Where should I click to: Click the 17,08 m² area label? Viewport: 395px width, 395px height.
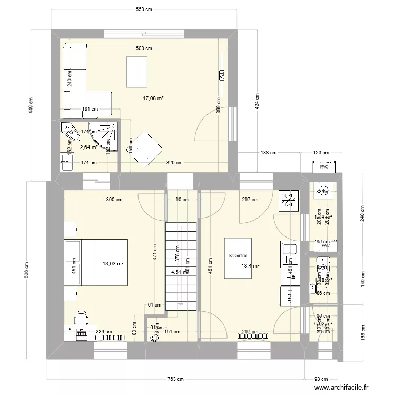(154, 98)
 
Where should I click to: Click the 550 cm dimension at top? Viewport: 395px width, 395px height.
(144, 9)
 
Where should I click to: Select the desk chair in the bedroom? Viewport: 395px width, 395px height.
(81, 318)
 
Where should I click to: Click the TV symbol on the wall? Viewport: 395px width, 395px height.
(222, 75)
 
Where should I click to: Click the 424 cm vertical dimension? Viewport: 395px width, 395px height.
(256, 101)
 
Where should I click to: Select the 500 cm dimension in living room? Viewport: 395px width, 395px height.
(144, 48)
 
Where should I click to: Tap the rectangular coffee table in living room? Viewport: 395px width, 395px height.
(137, 72)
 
